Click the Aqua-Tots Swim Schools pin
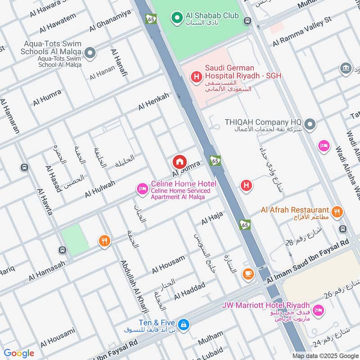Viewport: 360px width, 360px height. (x=90, y=54)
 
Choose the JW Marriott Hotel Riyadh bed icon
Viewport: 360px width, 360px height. (x=318, y=310)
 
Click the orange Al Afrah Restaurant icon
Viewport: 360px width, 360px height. (x=336, y=211)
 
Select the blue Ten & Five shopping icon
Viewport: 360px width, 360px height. (x=183, y=324)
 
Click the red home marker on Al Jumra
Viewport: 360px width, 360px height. (x=179, y=162)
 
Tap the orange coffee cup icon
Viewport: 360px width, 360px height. (x=247, y=273)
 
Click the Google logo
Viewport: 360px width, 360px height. (x=19, y=353)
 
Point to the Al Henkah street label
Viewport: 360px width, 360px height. (x=154, y=101)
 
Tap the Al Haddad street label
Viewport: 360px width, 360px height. (x=189, y=291)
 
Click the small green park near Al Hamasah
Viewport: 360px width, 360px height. (x=74, y=239)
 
